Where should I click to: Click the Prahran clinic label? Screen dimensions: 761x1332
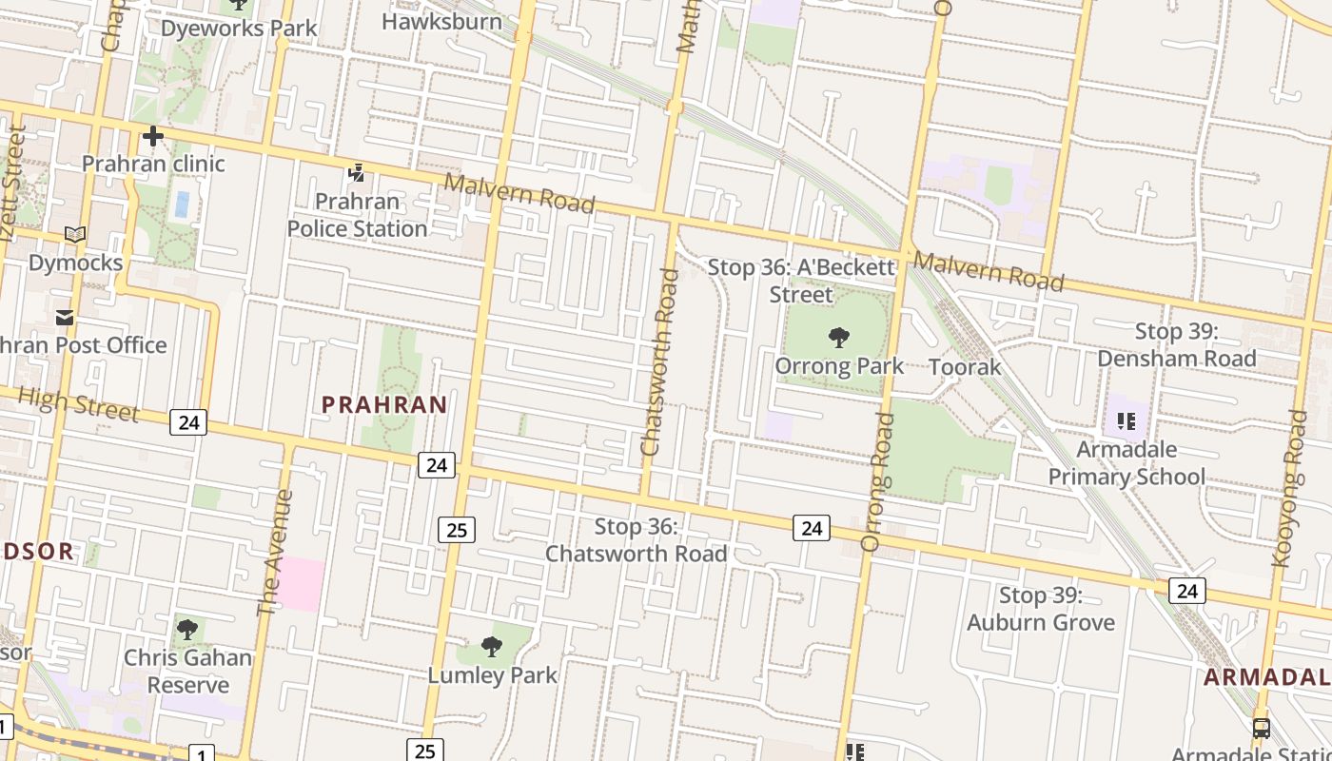pos(153,164)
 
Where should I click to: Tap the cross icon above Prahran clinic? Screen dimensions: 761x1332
pos(152,137)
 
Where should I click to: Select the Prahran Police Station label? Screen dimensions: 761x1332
pos(357,215)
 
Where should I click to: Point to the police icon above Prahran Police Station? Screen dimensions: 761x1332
pos(356,173)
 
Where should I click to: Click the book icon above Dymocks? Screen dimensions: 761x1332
pos(75,234)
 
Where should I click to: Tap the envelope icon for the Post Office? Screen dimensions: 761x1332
pos(65,318)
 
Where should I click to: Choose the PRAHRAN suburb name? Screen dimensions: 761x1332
pos(384,405)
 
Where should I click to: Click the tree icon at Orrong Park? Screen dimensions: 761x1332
pos(838,337)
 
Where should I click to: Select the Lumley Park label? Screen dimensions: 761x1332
pos(492,675)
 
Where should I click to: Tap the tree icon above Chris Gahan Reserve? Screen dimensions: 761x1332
pos(187,629)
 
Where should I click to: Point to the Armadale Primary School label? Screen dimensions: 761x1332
pos(1126,462)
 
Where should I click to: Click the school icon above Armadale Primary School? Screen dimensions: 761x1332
pos(1126,420)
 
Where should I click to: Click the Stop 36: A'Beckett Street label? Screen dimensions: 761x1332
pos(801,281)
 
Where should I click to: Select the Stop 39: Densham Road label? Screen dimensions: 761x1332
pos(1176,345)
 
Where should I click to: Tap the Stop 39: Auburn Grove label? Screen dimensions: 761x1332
pos(1041,609)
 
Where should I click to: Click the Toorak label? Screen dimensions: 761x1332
pos(964,367)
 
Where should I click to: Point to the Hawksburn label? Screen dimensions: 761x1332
pos(441,21)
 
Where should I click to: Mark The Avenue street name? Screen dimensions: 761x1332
pos(275,552)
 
